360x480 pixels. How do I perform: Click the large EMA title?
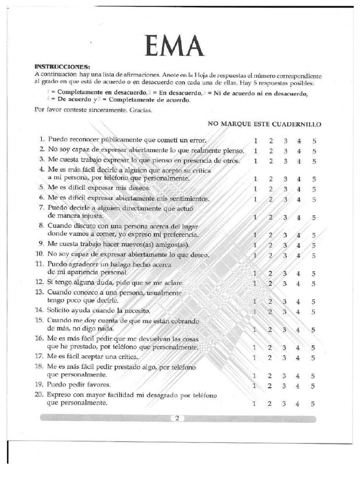click(x=175, y=45)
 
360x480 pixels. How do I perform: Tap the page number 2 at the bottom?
click(x=178, y=419)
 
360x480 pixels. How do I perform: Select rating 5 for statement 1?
click(x=314, y=141)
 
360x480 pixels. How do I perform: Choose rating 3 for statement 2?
click(x=285, y=151)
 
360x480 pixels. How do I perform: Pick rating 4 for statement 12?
click(x=299, y=283)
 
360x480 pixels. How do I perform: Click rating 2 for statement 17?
click(x=270, y=357)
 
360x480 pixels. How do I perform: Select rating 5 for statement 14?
click(x=313, y=311)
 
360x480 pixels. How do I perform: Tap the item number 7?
click(x=41, y=207)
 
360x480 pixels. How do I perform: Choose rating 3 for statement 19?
click(x=285, y=385)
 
